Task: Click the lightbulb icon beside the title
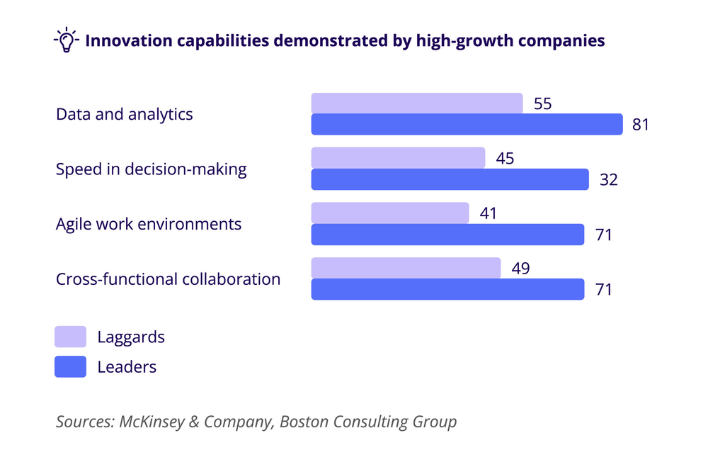coord(66,40)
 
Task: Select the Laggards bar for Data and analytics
coord(417,103)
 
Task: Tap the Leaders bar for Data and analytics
coord(467,125)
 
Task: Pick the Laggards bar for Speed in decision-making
coord(398,158)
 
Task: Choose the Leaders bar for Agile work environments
coord(447,235)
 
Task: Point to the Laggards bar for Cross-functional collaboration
coord(406,268)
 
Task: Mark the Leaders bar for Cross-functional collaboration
coord(447,289)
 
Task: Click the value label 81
coord(639,125)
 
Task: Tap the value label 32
coord(608,180)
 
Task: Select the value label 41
coord(489,213)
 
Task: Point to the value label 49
coord(520,268)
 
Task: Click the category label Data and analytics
coord(125,114)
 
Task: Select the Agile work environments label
coord(149,224)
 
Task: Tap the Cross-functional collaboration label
coord(169,279)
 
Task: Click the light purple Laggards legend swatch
coord(70,337)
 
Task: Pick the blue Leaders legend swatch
coord(70,367)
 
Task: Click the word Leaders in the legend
coord(127,367)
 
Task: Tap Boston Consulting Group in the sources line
coord(368,422)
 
